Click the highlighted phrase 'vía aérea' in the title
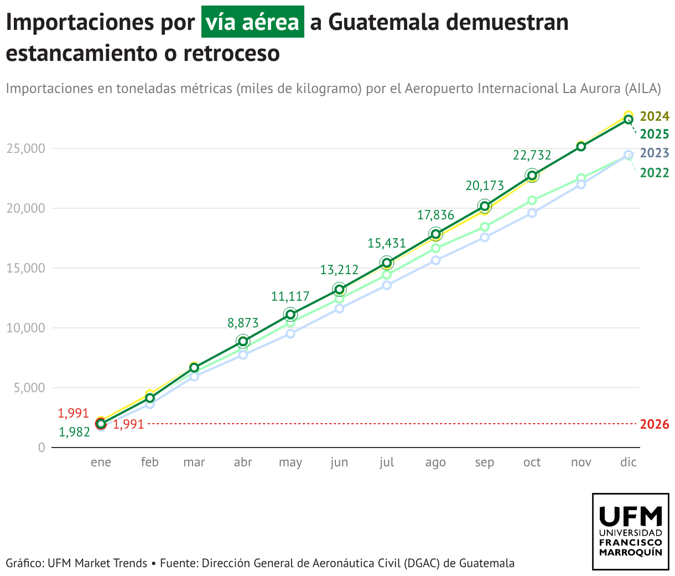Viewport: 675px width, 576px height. coord(252,22)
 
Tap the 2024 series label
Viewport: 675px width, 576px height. coord(655,116)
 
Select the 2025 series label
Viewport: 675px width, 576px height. coord(655,134)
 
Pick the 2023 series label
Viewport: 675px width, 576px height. coord(655,153)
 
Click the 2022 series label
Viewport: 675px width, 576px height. coord(655,173)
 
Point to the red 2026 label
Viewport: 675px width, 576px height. coord(655,425)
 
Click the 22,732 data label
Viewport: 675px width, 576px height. coord(532,155)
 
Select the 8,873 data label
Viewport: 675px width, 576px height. coord(243,323)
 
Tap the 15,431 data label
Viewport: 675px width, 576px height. coord(387,243)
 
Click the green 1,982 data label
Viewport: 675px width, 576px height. coord(74,433)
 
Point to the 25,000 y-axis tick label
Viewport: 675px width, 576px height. coord(25,148)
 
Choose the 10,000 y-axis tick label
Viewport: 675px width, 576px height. coord(25,328)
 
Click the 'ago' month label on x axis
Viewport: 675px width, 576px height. coord(435,462)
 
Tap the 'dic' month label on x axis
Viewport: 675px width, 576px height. coord(629,462)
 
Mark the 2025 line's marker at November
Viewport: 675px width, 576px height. coord(581,146)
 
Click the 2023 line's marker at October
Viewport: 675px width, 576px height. coord(532,213)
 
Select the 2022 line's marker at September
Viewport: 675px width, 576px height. coord(485,227)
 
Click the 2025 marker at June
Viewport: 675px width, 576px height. coord(339,289)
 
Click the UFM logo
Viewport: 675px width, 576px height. coord(631,531)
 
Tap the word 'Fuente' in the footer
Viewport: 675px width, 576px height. coord(177,563)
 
